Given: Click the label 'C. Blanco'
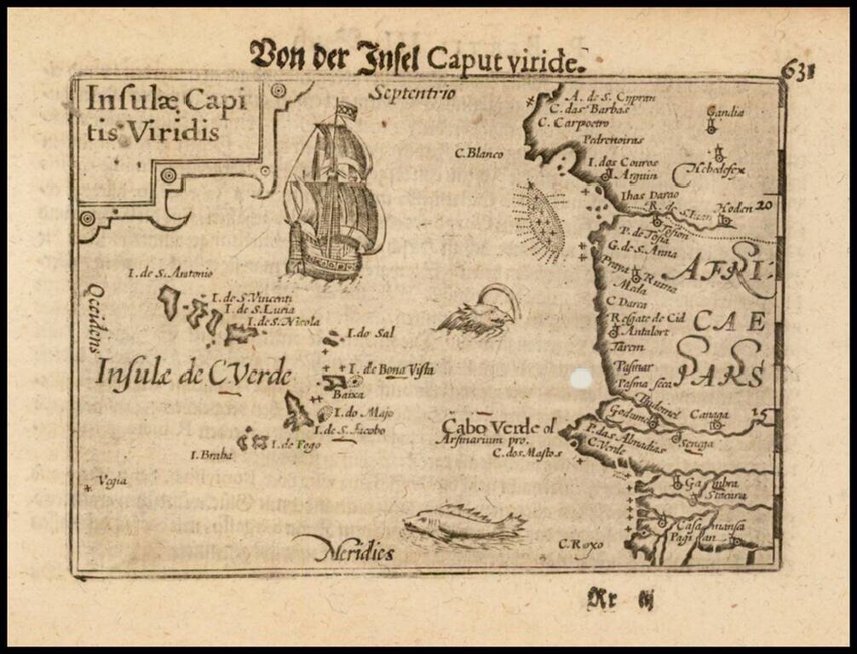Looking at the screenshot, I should point(478,154).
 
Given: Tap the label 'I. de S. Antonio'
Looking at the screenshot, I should point(170,272).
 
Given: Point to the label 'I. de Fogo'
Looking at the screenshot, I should point(295,444).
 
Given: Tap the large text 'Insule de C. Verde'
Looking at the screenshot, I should point(193,373).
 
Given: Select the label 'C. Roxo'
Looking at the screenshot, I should point(580,543).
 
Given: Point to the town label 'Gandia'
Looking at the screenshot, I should point(725,112).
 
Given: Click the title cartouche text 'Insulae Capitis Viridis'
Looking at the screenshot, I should point(153,114).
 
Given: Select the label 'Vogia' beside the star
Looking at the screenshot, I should point(112,481).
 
